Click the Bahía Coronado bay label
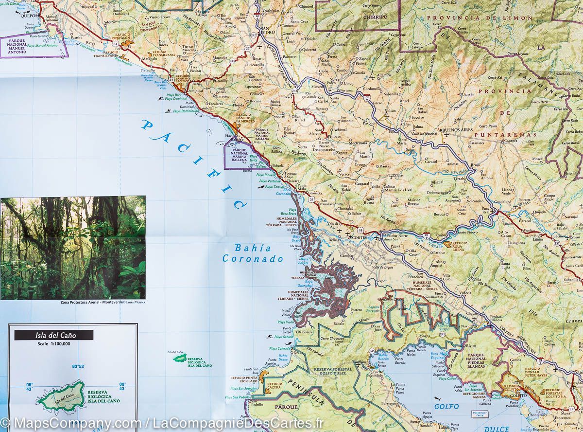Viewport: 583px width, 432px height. point(253,253)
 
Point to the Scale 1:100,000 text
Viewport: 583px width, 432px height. point(53,344)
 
